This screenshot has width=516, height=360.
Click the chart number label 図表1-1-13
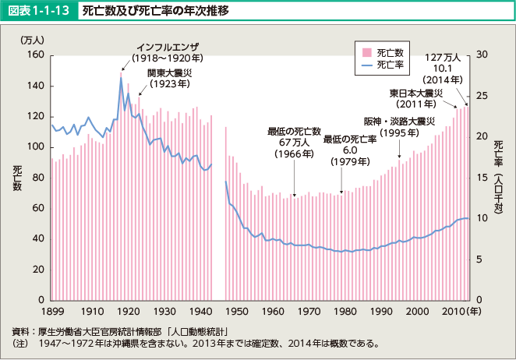[40, 12]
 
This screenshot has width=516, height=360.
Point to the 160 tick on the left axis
[34, 55]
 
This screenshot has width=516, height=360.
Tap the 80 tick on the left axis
[37, 177]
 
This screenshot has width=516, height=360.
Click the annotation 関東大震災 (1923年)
[172, 79]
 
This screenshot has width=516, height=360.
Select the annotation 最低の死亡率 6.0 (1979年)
[350, 150]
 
